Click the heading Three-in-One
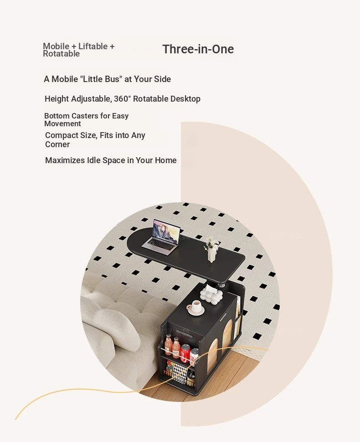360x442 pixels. coord(198,49)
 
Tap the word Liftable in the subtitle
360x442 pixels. coord(93,46)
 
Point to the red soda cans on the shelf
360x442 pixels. coord(190,353)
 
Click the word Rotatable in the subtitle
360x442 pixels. coord(61,54)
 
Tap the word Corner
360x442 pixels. coord(57,144)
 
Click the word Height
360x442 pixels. coord(57,99)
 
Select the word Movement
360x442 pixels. coord(62,123)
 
